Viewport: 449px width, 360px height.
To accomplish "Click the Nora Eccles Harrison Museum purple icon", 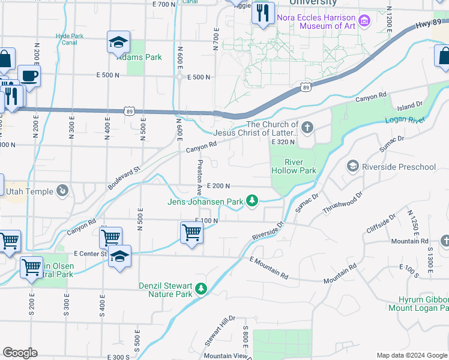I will coord(364,22).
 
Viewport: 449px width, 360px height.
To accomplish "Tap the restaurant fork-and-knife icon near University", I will coord(262,14).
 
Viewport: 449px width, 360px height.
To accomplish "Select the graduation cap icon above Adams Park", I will coord(118,43).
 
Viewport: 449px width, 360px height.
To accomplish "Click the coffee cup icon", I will coord(29,76).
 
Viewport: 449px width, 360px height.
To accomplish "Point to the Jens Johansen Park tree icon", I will coord(253,200).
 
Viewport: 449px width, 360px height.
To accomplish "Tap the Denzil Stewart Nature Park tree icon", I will coord(202,289).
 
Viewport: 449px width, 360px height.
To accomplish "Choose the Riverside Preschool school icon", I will coord(353,166).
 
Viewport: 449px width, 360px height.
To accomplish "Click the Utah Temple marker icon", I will coord(62,191).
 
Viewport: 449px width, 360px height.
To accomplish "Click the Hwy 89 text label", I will coord(428,23).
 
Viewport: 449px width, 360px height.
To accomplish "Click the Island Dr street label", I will coord(410,106).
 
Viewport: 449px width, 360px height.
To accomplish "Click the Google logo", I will coord(20,353).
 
